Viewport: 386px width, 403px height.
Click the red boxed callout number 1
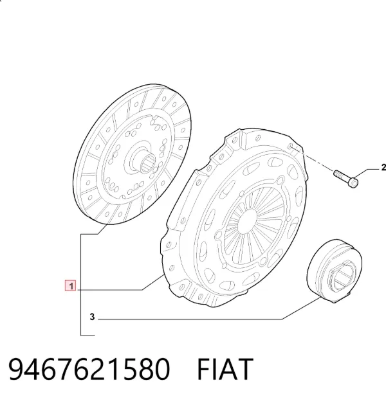(x=71, y=286)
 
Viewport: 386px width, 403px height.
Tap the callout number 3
(x=93, y=317)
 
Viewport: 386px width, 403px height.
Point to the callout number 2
(x=383, y=168)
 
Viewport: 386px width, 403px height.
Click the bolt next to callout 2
(x=345, y=179)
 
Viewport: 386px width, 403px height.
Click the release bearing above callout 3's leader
(x=335, y=271)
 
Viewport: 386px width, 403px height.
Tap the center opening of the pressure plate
(x=247, y=221)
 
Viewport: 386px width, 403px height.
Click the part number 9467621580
(x=89, y=369)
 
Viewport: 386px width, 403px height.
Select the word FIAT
(x=225, y=369)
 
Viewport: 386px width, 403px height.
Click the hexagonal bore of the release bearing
(x=342, y=277)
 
